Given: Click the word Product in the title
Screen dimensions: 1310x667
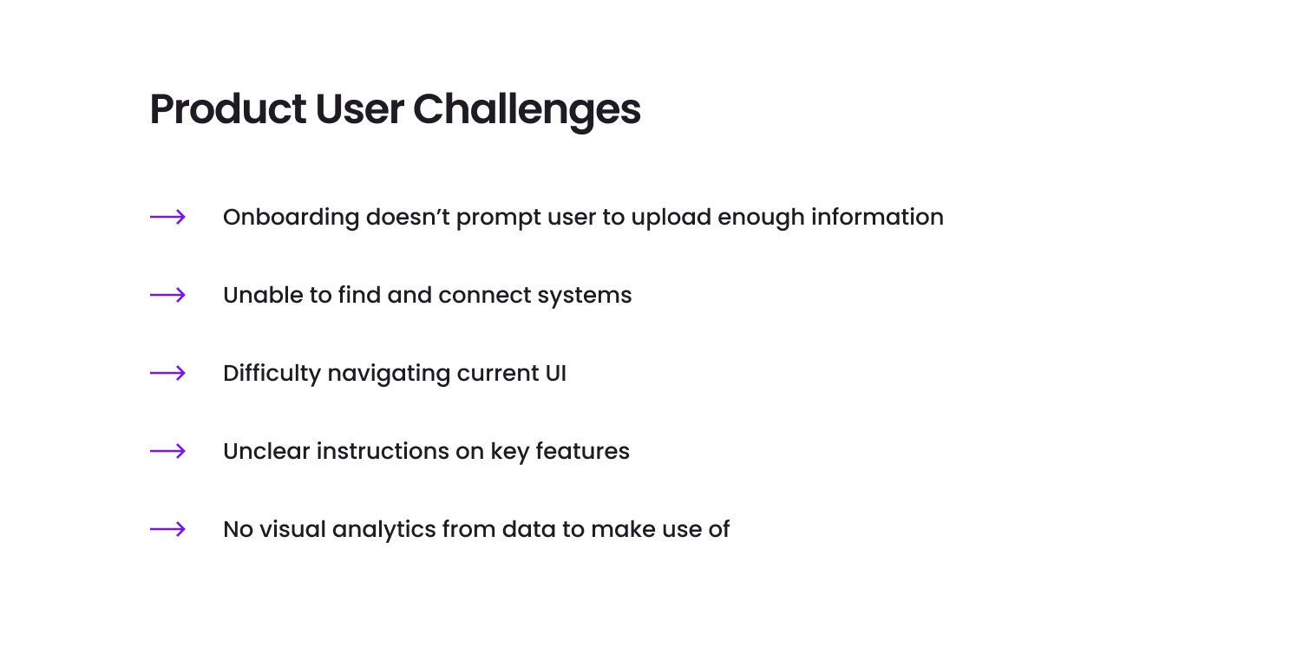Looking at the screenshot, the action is tap(227, 109).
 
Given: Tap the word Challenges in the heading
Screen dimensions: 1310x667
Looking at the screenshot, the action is tap(527, 111).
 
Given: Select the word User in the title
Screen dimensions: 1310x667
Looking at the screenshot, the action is tap(360, 110).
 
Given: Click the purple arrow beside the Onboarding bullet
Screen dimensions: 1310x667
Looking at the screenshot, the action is tap(167, 217).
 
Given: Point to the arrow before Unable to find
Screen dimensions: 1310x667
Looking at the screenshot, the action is tap(167, 295).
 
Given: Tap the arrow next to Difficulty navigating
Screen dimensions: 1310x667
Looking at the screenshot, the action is tap(167, 373).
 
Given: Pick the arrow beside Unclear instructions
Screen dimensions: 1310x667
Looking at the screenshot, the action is tap(167, 451).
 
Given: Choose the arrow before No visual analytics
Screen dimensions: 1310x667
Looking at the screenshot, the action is tap(167, 529).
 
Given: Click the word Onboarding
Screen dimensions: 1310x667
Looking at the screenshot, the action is tap(291, 218).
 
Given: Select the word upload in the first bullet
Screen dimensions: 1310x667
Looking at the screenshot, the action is tap(671, 218).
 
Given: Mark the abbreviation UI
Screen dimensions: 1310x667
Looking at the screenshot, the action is tap(555, 374).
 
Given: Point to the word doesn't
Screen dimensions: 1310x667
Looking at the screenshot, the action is tap(408, 217).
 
